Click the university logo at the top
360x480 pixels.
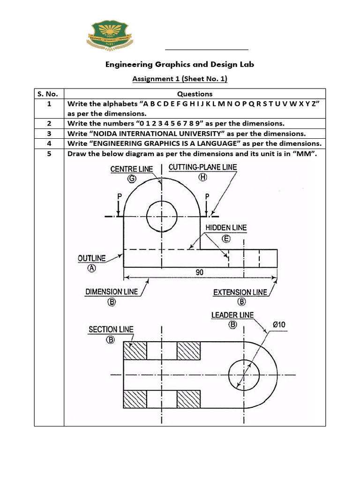[113, 37]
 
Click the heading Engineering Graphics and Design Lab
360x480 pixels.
[180, 64]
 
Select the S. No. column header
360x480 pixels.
[49, 94]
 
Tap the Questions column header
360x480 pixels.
[195, 94]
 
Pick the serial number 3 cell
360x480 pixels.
[49, 133]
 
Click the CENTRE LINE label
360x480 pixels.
[132, 169]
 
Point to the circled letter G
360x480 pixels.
[132, 178]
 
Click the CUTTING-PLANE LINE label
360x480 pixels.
[202, 167]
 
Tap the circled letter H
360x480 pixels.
[202, 177]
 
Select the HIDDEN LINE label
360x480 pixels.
[226, 228]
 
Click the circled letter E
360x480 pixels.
[226, 238]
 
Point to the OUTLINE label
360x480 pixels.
[92, 258]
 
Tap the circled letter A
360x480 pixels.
[92, 269]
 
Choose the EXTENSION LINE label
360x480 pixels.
[240, 292]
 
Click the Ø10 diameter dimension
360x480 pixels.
[279, 324]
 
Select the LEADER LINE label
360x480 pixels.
[232, 315]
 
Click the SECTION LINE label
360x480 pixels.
[111, 330]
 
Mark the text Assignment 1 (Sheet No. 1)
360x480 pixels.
[180, 79]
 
